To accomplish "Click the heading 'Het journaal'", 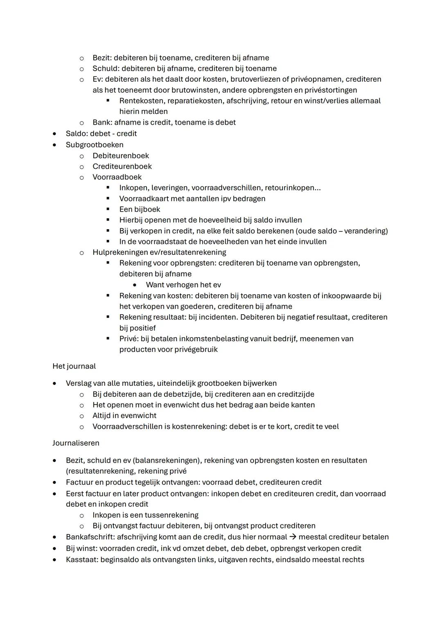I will pyautogui.click(x=74, y=366).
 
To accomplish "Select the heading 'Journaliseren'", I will pyautogui.click(x=76, y=443).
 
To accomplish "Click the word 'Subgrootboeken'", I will pyautogui.click(x=95, y=145).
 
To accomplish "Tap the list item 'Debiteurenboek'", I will pyautogui.click(x=121, y=156).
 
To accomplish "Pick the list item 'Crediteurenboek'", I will pyautogui.click(x=122, y=166).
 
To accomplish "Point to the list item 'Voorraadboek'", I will pyautogui.click(x=117, y=177).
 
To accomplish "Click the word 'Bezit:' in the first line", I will pyautogui.click(x=102, y=58).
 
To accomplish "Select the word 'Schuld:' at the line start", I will pyautogui.click(x=106, y=68).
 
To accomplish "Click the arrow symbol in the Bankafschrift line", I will pyautogui.click(x=293, y=537).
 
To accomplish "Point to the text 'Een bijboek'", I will pyautogui.click(x=140, y=209).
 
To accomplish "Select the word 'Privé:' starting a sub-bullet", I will pyautogui.click(x=129, y=339).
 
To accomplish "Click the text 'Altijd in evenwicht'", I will pyautogui.click(x=124, y=416).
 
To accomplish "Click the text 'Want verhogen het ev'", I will pyautogui.click(x=183, y=285).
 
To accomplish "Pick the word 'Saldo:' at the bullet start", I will pyautogui.click(x=77, y=134).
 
